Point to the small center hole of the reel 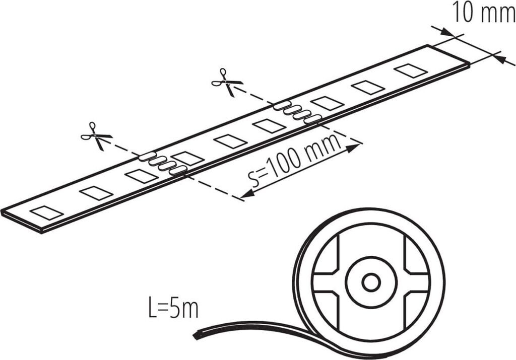click(371, 283)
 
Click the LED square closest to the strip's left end click(46, 213)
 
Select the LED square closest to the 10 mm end click(411, 70)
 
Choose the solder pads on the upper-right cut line click(298, 112)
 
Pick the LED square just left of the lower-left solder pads click(142, 176)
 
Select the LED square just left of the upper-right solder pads click(269, 126)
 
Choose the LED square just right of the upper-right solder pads click(327, 103)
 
